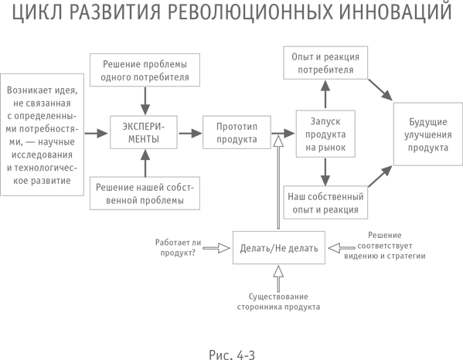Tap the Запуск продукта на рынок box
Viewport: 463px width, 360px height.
click(x=325, y=133)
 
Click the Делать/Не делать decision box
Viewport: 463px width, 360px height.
click(x=279, y=247)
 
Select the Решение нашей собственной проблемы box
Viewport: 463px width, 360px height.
click(x=145, y=194)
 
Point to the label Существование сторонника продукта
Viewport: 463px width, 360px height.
click(x=279, y=301)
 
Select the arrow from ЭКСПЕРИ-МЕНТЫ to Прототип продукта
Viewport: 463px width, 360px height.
click(x=189, y=133)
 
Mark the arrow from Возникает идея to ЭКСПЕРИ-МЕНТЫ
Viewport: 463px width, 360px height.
click(x=96, y=133)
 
